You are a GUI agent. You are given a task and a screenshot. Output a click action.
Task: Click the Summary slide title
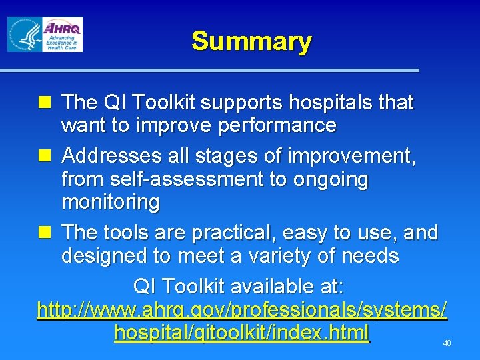click(x=251, y=41)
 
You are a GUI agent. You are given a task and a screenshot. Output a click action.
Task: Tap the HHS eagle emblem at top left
click(x=23, y=35)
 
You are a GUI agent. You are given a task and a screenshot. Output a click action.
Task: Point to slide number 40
click(x=447, y=343)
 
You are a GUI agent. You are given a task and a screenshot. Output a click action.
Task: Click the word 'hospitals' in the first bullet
click(x=331, y=103)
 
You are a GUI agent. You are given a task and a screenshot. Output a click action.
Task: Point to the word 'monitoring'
click(x=111, y=201)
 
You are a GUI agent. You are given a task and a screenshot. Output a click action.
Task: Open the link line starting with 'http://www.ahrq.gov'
click(x=242, y=310)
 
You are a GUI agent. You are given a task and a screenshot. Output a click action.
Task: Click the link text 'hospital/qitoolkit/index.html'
click(x=241, y=332)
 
